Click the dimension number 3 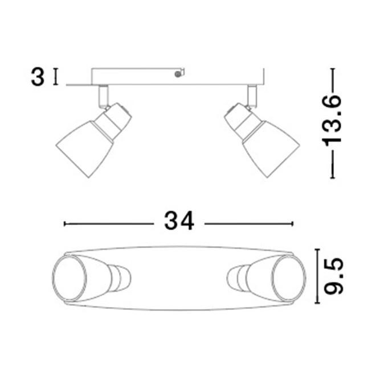point(37,77)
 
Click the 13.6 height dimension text point(332,123)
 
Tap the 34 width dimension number point(179,220)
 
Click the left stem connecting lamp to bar point(103,95)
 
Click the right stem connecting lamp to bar point(251,95)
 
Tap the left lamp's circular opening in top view point(69,278)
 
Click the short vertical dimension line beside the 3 point(55,76)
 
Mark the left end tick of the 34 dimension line point(64,224)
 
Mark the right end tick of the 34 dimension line point(292,224)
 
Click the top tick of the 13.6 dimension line point(332,69)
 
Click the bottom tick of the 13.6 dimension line point(332,178)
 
